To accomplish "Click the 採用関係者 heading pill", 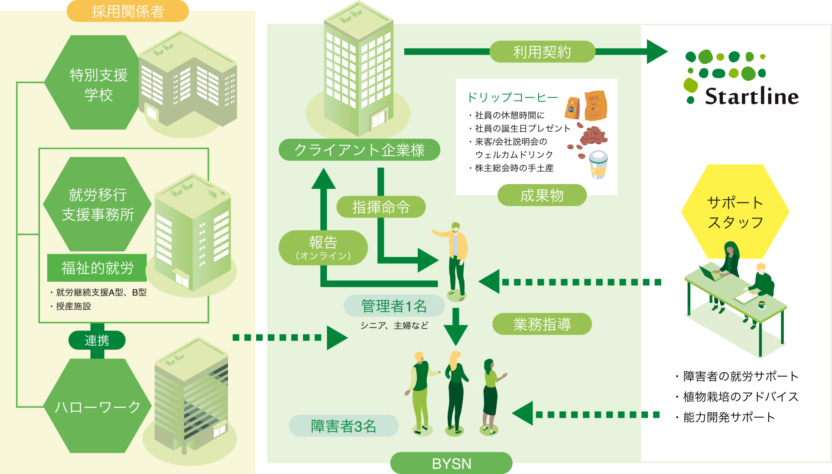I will (x=127, y=11).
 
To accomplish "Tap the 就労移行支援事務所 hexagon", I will (x=97, y=205).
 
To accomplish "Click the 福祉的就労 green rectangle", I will (x=97, y=268).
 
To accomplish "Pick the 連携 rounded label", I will (x=97, y=340).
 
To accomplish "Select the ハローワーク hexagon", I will (x=97, y=406).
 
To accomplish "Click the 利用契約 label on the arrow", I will (x=542, y=52).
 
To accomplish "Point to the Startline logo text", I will (x=751, y=96).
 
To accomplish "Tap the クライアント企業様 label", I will (x=359, y=150).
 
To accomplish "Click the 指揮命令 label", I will (x=381, y=207).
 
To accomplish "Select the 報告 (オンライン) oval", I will (x=323, y=247).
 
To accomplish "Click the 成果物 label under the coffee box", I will (x=542, y=195).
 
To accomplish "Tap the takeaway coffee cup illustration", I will (x=598, y=165).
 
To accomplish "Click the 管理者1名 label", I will (x=394, y=306).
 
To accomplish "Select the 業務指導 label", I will (x=542, y=324).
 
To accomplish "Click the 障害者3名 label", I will (x=343, y=426).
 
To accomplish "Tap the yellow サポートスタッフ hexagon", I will (x=735, y=211).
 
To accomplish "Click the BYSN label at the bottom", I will (x=451, y=463).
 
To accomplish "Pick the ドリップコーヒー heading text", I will (x=512, y=97).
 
